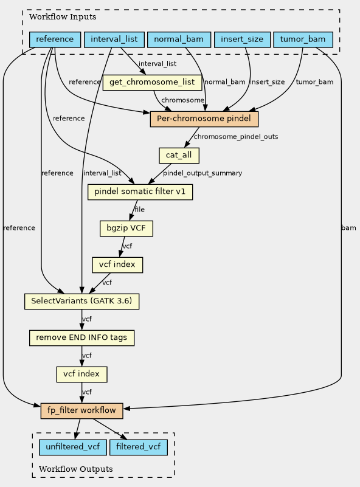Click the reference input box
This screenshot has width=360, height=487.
click(x=55, y=40)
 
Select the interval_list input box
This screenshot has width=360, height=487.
click(x=114, y=40)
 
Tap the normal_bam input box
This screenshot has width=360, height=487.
click(x=179, y=40)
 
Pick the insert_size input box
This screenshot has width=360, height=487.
click(x=242, y=40)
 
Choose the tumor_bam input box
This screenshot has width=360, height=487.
click(x=303, y=40)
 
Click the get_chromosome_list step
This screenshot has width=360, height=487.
click(x=152, y=82)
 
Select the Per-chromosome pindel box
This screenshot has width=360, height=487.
click(x=204, y=119)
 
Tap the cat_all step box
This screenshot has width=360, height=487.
click(x=179, y=155)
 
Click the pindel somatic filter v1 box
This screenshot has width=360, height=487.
click(x=140, y=192)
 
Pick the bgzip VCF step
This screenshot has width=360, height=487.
click(x=126, y=228)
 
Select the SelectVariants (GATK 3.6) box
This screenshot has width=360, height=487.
click(x=81, y=302)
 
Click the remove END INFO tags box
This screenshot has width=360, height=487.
click(x=81, y=338)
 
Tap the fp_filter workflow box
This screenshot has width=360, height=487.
click(x=81, y=410)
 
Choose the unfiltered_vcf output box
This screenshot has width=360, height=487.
click(x=73, y=447)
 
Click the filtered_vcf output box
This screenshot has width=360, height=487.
click(x=139, y=447)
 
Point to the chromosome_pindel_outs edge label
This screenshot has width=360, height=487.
click(x=236, y=137)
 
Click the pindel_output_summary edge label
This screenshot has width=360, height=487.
click(x=202, y=173)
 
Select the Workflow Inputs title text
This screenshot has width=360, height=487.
click(x=63, y=17)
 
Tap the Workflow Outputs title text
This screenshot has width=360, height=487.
click(x=76, y=469)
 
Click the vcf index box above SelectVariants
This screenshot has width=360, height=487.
click(x=117, y=265)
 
